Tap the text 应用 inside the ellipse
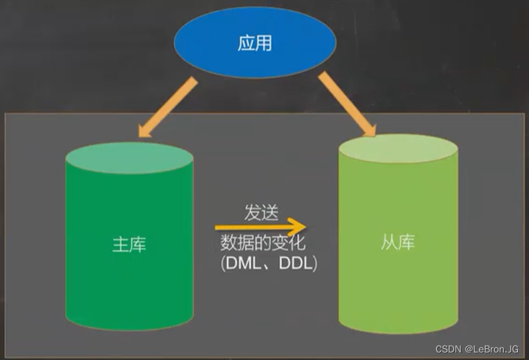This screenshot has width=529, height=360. pyautogui.click(x=255, y=43)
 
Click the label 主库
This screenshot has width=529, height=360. pyautogui.click(x=130, y=244)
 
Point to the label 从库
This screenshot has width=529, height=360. pyautogui.click(x=397, y=243)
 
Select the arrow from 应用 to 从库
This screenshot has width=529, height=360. pyautogui.click(x=346, y=103)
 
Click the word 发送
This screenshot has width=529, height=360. pyautogui.click(x=262, y=212)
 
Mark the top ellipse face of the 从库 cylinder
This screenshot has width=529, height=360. pyautogui.click(x=397, y=149)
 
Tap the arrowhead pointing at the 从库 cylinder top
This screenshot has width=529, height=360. pyautogui.click(x=369, y=128)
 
